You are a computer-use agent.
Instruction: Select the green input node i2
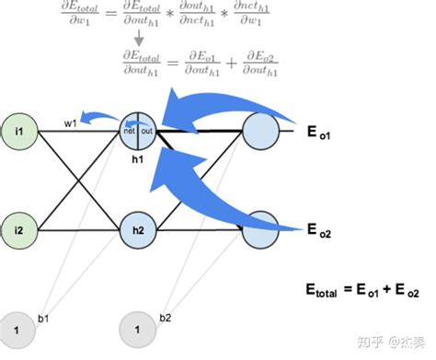pos(19,226)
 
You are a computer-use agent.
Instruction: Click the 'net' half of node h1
pos(131,132)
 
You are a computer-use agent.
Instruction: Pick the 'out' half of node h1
pos(148,132)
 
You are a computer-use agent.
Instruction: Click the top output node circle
pos(260,132)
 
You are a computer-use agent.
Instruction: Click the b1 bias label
pos(43,318)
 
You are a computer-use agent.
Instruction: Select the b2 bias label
pos(165,318)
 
